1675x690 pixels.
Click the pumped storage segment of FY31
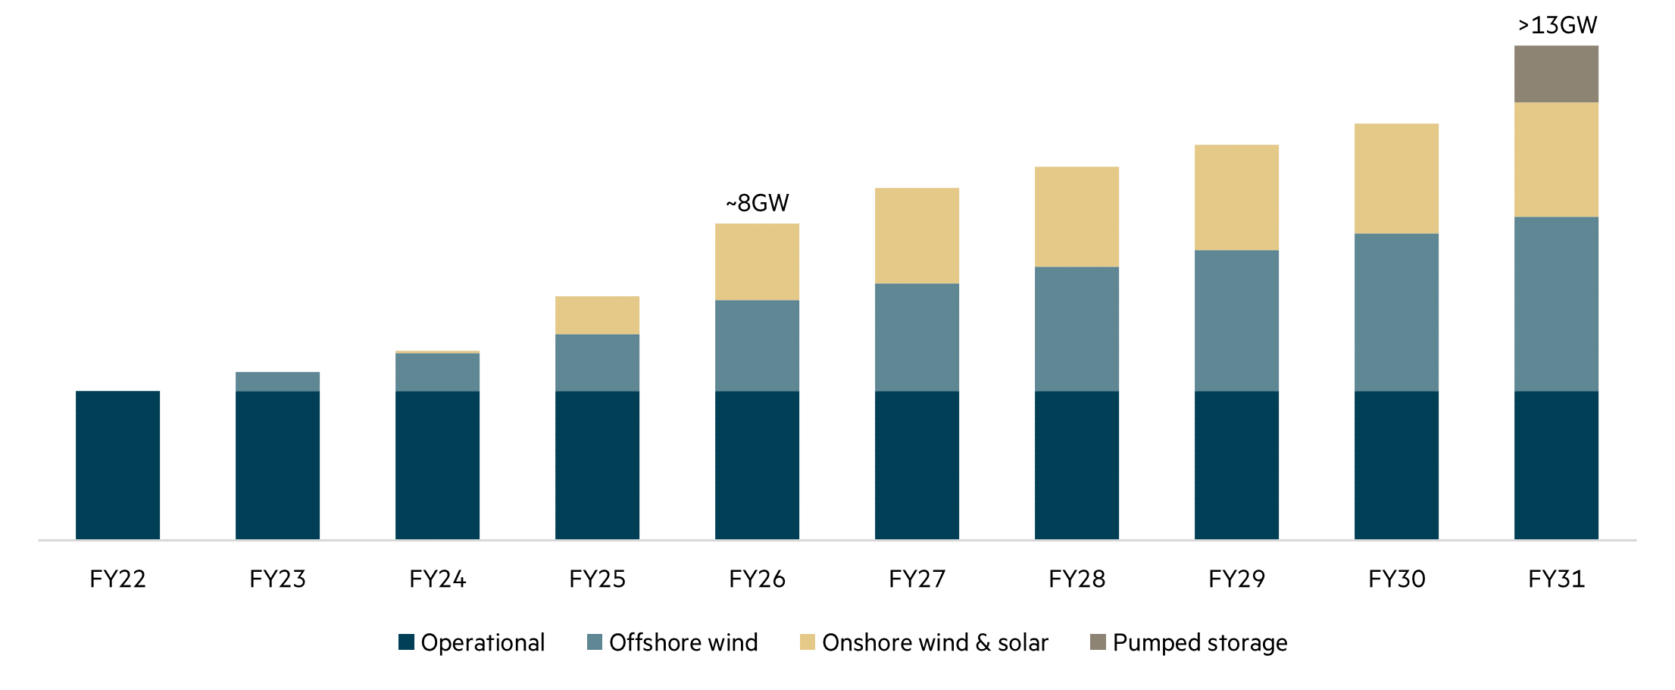pyautogui.click(x=1556, y=73)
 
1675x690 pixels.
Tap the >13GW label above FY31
pyautogui.click(x=1557, y=26)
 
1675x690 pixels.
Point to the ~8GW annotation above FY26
pyautogui.click(x=757, y=203)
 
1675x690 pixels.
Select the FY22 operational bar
pyautogui.click(x=117, y=464)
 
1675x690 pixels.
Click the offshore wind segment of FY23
pyautogui.click(x=277, y=382)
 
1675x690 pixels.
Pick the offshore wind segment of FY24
pyautogui.click(x=437, y=372)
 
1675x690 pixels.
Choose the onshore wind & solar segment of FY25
pyautogui.click(x=597, y=315)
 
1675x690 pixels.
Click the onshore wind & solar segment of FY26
pyautogui.click(x=757, y=261)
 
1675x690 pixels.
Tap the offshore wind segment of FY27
pyautogui.click(x=917, y=337)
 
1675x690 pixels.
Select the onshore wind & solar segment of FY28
pyautogui.click(x=1077, y=217)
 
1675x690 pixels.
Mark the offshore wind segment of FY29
pyautogui.click(x=1236, y=320)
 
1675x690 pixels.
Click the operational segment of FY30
pyautogui.click(x=1396, y=464)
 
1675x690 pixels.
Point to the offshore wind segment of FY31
pyautogui.click(x=1556, y=304)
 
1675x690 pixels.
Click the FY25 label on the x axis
pyautogui.click(x=597, y=579)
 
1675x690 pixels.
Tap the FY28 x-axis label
pyautogui.click(x=1077, y=579)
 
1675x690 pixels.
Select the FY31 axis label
pyautogui.click(x=1556, y=579)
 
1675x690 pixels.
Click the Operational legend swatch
pyautogui.click(x=406, y=642)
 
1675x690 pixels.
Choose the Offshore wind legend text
pyautogui.click(x=683, y=643)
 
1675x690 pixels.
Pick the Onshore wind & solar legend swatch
pyautogui.click(x=808, y=642)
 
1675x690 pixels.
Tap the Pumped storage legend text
pyautogui.click(x=1200, y=643)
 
